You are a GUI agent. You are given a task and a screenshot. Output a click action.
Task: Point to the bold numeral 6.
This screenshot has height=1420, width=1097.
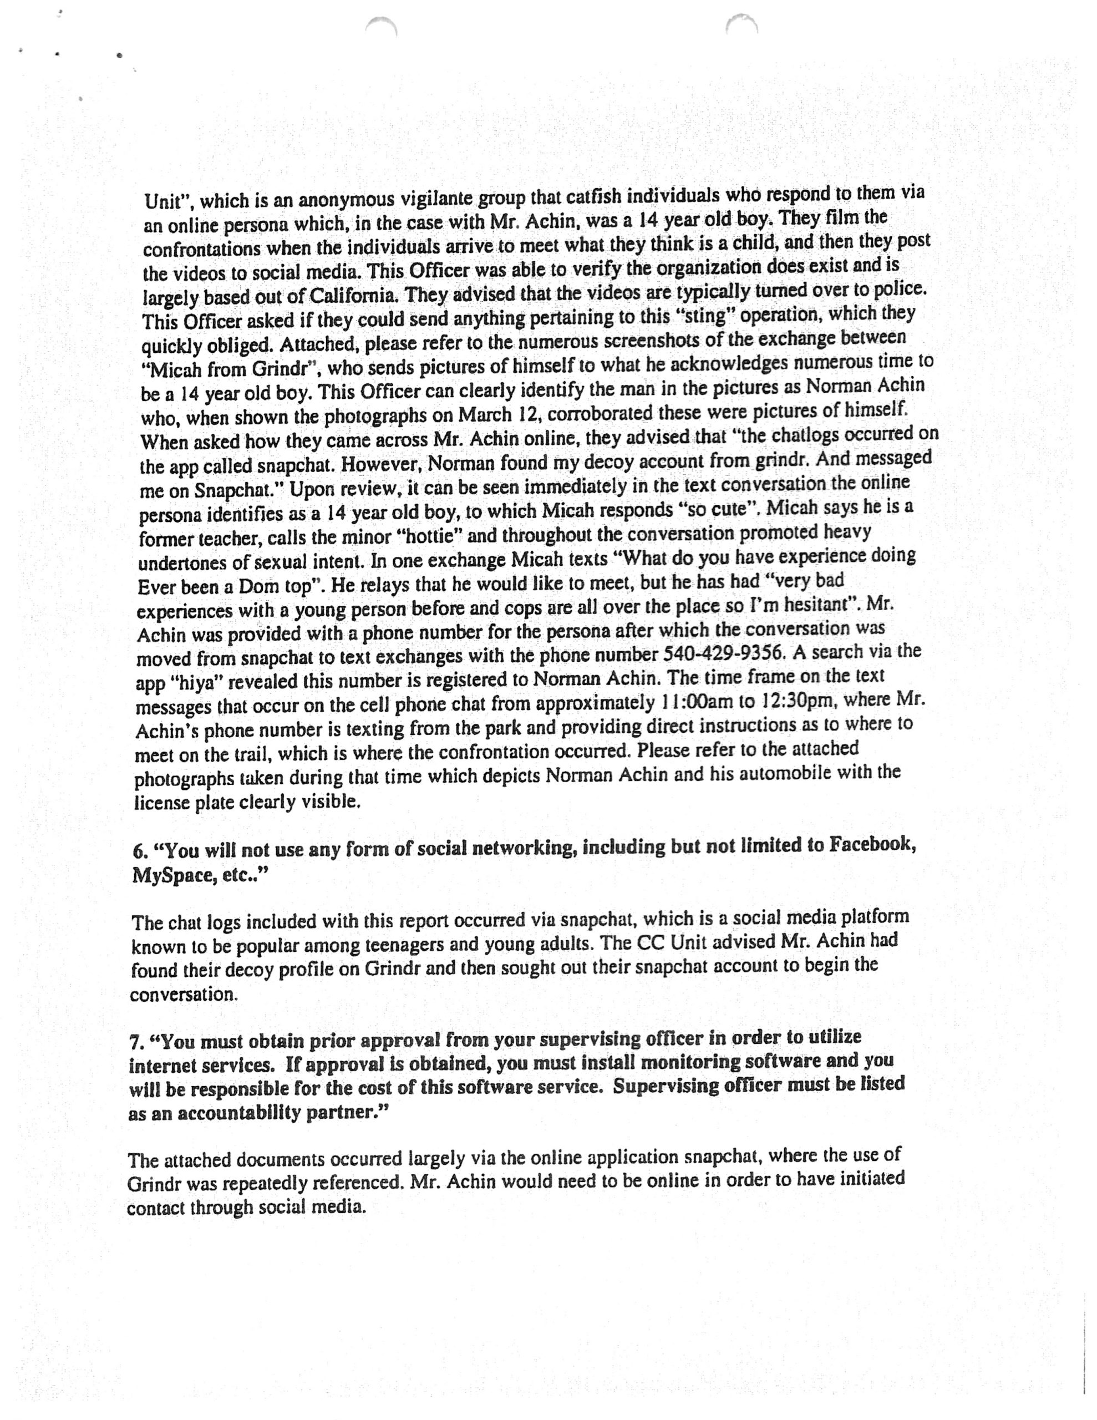click(137, 851)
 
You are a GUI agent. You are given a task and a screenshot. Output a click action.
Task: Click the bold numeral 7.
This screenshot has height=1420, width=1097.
click(134, 1043)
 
